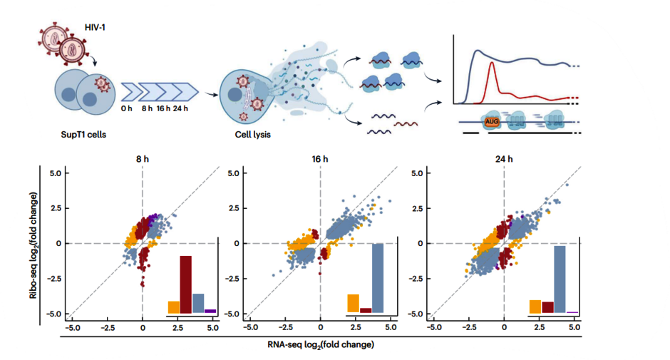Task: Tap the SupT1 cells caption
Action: click(x=81, y=134)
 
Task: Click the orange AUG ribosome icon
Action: click(x=491, y=122)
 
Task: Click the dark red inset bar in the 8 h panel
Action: click(x=185, y=284)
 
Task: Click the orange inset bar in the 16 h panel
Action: click(x=353, y=303)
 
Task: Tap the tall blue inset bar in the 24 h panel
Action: click(x=560, y=279)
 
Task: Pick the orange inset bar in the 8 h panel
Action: click(x=173, y=307)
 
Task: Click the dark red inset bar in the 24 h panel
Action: click(x=547, y=307)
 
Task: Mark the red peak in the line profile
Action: click(x=490, y=64)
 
